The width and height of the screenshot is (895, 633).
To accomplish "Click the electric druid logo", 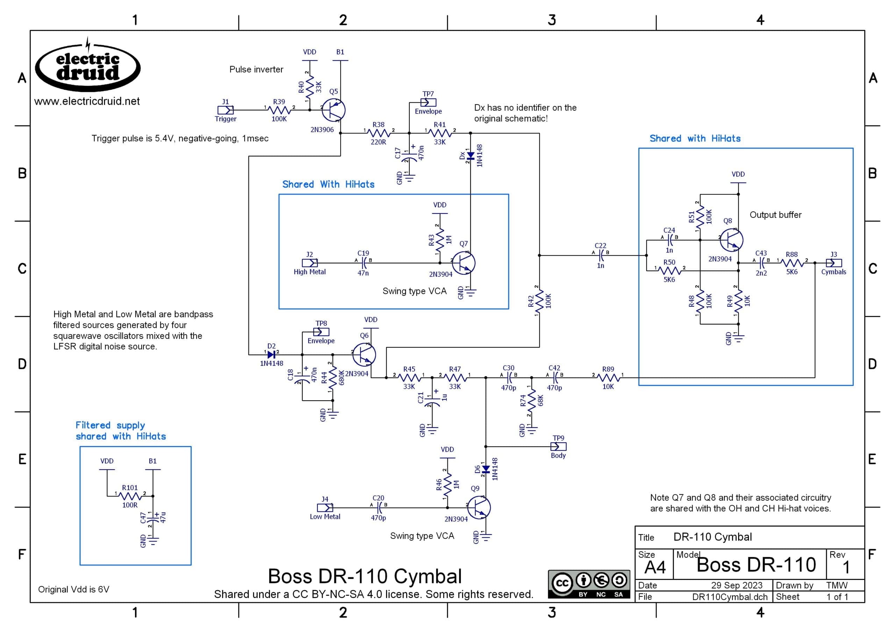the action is point(88,65).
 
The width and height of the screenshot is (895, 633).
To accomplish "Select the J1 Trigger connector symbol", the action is point(225,110).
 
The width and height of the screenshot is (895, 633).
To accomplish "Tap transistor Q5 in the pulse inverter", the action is point(334,110).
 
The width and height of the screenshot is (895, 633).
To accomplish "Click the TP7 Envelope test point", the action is point(428,102).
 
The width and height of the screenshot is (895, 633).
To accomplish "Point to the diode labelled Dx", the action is point(470,156).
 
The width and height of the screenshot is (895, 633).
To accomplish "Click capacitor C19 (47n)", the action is point(363,263).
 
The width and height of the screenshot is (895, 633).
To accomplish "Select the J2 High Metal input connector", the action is point(310,263).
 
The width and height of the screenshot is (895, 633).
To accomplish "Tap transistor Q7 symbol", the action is point(463,263).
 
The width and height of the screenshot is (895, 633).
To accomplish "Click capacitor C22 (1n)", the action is point(601,255).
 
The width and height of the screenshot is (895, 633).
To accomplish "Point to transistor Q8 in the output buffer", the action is point(731,240).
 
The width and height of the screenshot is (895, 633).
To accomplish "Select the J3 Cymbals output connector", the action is point(834,263).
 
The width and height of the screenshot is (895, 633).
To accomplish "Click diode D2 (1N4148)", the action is point(271,355).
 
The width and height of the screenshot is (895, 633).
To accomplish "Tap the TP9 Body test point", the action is point(558,447).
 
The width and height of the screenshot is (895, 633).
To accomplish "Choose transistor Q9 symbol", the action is point(479,508).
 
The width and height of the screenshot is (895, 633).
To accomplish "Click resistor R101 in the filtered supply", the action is point(130,496).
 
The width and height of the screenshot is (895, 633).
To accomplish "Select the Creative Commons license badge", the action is point(589,584).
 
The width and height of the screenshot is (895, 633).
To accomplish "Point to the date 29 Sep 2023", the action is point(737,585).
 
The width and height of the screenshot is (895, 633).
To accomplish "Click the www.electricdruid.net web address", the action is point(87,101).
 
